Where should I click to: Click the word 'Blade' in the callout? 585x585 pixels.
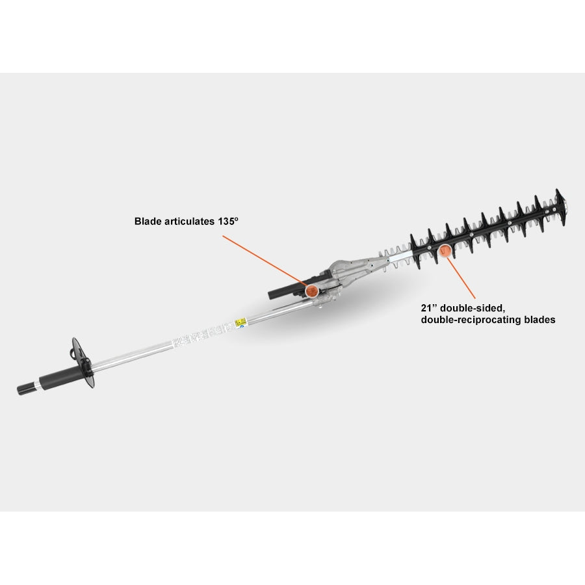148,221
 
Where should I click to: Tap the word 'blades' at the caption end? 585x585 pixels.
538,320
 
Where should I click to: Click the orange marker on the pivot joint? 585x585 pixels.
313,289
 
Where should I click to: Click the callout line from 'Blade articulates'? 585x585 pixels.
263,259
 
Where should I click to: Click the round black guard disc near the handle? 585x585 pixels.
86,363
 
